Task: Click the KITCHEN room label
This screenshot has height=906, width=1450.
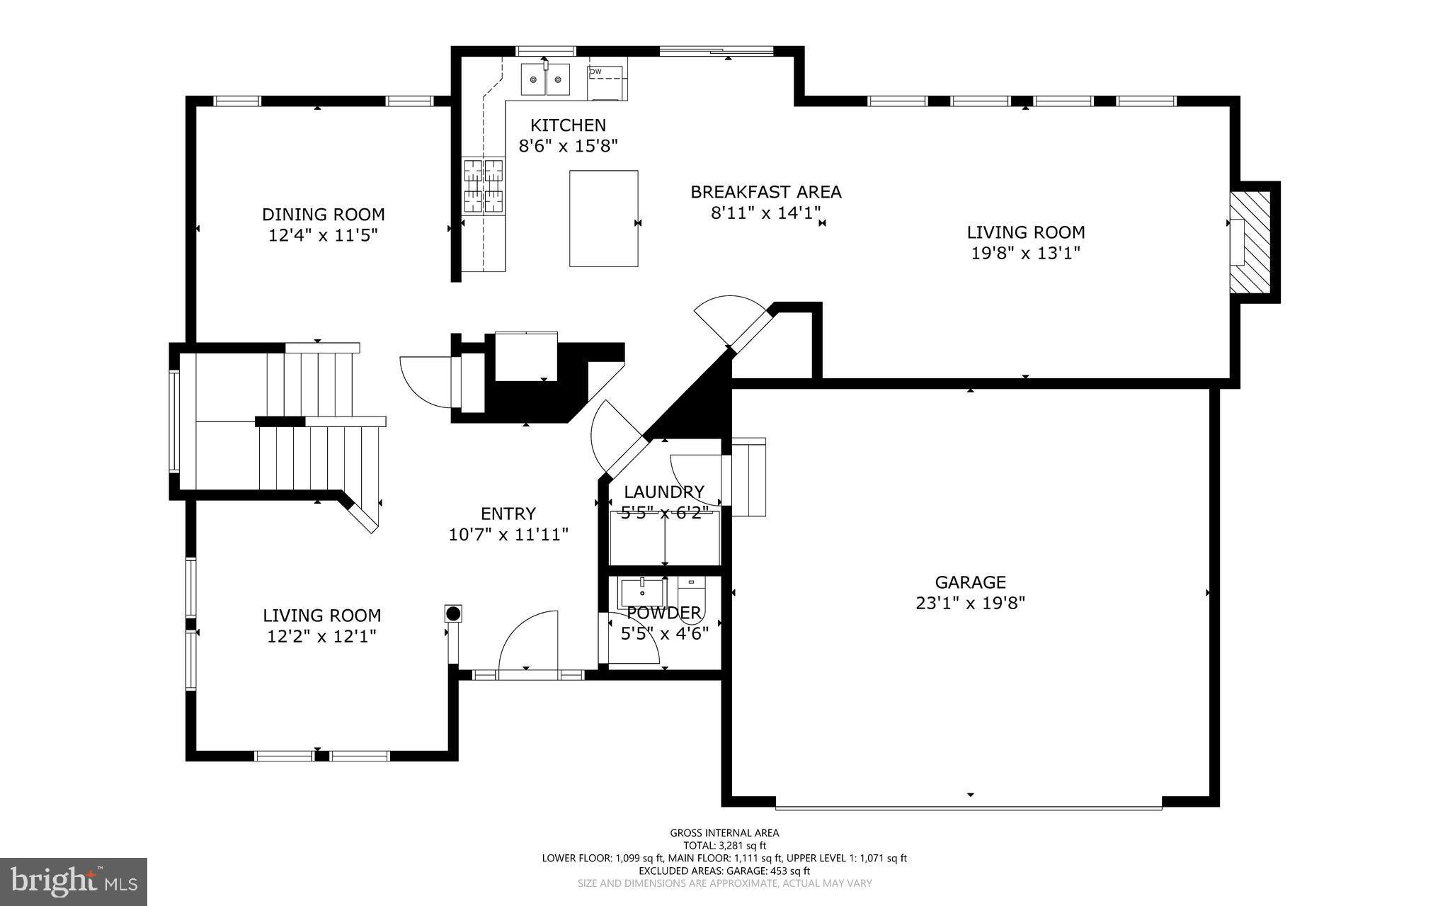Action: click(x=568, y=125)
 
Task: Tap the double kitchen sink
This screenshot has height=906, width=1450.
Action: click(x=545, y=79)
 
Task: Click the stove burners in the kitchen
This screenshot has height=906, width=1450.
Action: click(x=484, y=186)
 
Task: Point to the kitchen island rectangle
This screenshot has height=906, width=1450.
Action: click(x=603, y=218)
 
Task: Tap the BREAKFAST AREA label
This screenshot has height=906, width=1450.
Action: click(x=765, y=192)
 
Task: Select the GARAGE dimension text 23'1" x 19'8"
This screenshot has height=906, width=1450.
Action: click(x=970, y=603)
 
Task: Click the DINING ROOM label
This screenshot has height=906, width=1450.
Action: click(x=324, y=215)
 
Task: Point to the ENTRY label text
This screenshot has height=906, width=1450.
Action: click(x=508, y=514)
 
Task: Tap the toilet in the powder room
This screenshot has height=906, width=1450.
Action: click(x=690, y=594)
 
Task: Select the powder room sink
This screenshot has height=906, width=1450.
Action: click(x=641, y=590)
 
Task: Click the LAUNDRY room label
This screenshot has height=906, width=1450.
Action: click(x=663, y=492)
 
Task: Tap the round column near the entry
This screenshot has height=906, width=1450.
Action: click(x=453, y=613)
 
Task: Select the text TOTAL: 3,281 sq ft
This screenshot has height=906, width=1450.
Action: click(x=724, y=845)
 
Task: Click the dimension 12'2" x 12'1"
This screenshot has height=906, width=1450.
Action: click(x=321, y=636)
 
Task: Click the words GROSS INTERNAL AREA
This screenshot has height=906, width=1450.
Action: click(x=724, y=833)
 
